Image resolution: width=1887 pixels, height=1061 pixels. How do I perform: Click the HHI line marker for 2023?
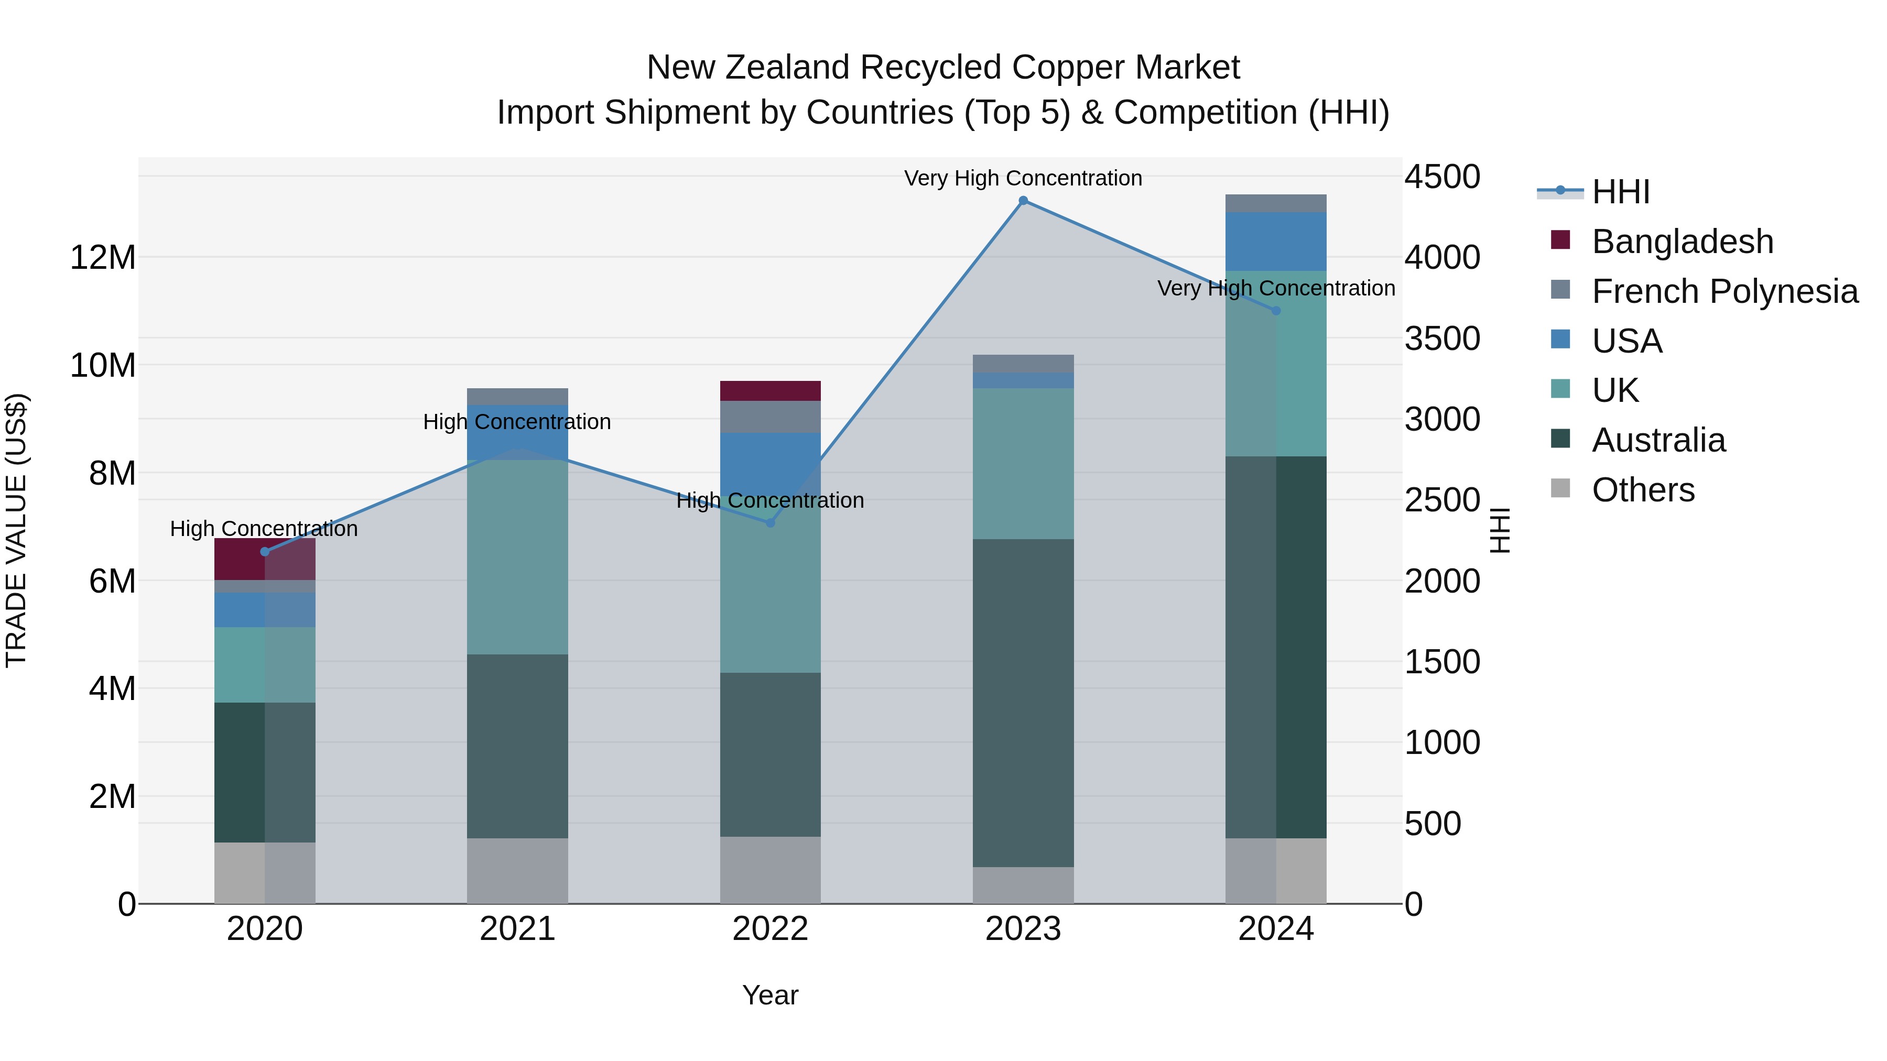point(1023,201)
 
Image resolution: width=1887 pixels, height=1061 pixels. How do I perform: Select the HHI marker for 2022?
point(770,523)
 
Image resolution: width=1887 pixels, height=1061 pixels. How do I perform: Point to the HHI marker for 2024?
point(1276,311)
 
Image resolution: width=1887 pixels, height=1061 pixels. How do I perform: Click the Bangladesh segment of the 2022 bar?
point(770,391)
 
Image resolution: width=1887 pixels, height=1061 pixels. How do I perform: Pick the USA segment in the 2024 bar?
point(1276,242)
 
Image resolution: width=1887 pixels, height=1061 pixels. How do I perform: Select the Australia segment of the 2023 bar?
point(1023,703)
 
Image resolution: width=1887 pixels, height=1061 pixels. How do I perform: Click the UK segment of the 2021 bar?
point(517,556)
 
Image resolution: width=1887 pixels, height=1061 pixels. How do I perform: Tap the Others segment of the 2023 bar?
point(1023,885)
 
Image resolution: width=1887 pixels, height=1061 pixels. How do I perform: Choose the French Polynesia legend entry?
point(1725,291)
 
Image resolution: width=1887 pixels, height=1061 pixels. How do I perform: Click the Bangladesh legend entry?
point(1682,242)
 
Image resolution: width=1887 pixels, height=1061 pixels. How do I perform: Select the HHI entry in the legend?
point(1620,192)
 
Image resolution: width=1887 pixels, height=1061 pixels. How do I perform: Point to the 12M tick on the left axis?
point(103,258)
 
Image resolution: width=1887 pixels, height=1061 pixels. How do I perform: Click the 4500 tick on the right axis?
point(1441,177)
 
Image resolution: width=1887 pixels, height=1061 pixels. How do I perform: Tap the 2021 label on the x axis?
point(517,929)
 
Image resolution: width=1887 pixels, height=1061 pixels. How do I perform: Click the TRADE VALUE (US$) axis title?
point(17,530)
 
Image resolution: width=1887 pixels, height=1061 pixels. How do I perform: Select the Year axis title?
point(770,995)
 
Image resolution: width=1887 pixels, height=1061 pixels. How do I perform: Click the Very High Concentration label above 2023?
point(1023,178)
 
